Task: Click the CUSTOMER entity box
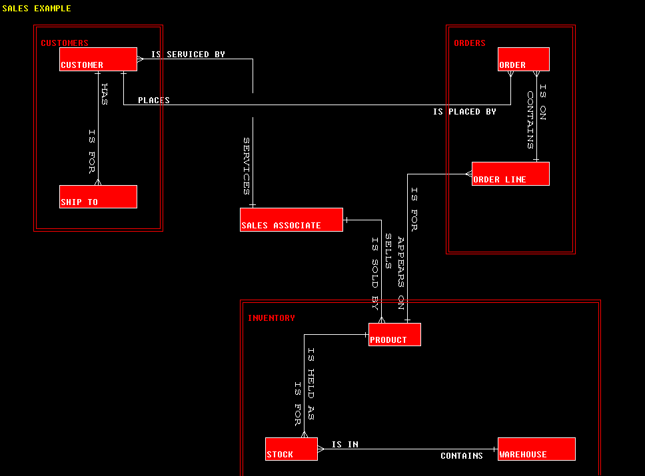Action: click(98, 59)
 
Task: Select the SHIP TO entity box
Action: click(98, 196)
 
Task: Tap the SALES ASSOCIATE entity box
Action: click(291, 220)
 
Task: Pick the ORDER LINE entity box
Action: click(510, 174)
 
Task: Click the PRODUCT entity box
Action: click(394, 334)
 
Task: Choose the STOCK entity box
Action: click(291, 449)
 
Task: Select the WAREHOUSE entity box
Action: click(536, 449)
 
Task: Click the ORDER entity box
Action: click(524, 59)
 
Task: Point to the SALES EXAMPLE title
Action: click(37, 9)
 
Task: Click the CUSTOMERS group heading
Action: click(65, 43)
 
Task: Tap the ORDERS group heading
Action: click(470, 43)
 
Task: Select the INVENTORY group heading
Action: click(271, 318)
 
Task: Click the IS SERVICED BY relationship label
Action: click(188, 55)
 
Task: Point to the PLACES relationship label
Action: click(154, 101)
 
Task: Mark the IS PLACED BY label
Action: click(464, 112)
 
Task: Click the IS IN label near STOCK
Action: click(345, 444)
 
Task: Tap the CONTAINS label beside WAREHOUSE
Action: click(462, 456)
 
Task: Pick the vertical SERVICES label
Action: click(246, 166)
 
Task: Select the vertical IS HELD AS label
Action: click(311, 383)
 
